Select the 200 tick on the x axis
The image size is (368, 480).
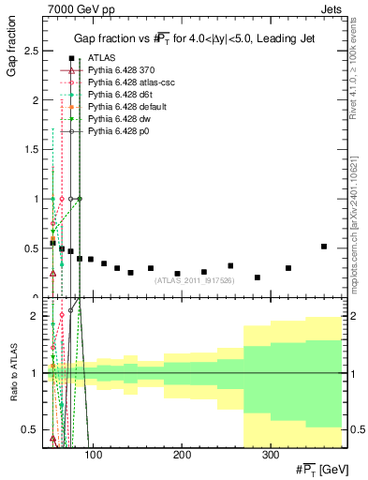[x=181, y=455]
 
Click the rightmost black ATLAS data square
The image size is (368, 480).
[x=324, y=247]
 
